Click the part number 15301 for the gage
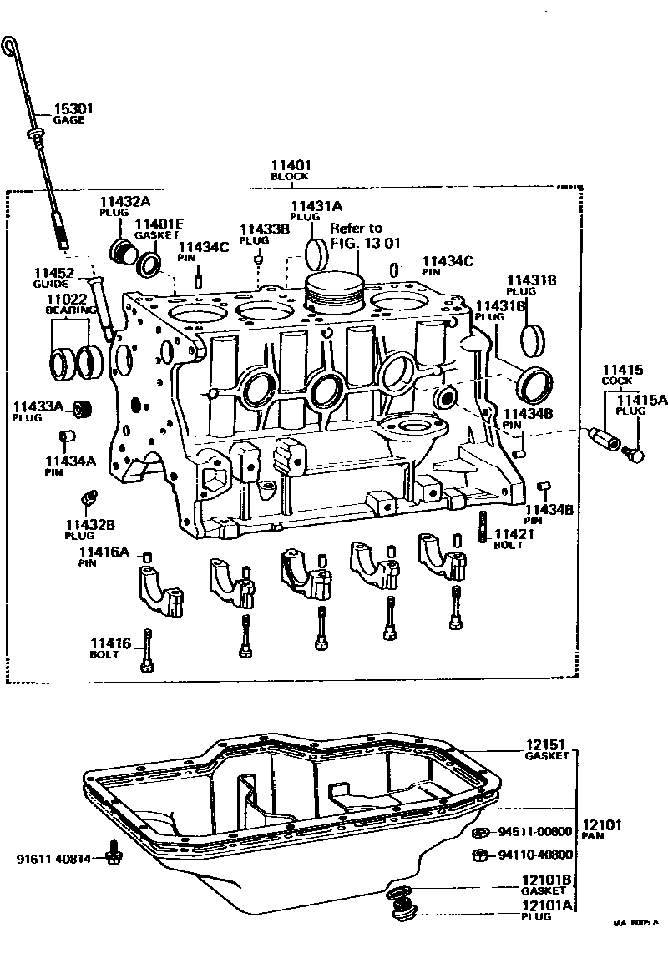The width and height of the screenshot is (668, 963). [73, 109]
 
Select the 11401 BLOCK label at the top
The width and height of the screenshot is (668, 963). [290, 170]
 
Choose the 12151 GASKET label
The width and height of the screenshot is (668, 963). [547, 749]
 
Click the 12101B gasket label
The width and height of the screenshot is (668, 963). [548, 885]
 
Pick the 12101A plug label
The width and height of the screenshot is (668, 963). [548, 910]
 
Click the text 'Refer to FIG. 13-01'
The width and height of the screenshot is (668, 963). [357, 235]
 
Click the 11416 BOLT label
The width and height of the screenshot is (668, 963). [111, 648]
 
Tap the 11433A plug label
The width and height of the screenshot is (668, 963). [36, 411]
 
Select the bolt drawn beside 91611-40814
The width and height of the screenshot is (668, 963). [114, 853]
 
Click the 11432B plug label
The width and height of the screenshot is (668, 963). [83, 529]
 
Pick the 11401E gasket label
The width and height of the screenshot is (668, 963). [159, 229]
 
